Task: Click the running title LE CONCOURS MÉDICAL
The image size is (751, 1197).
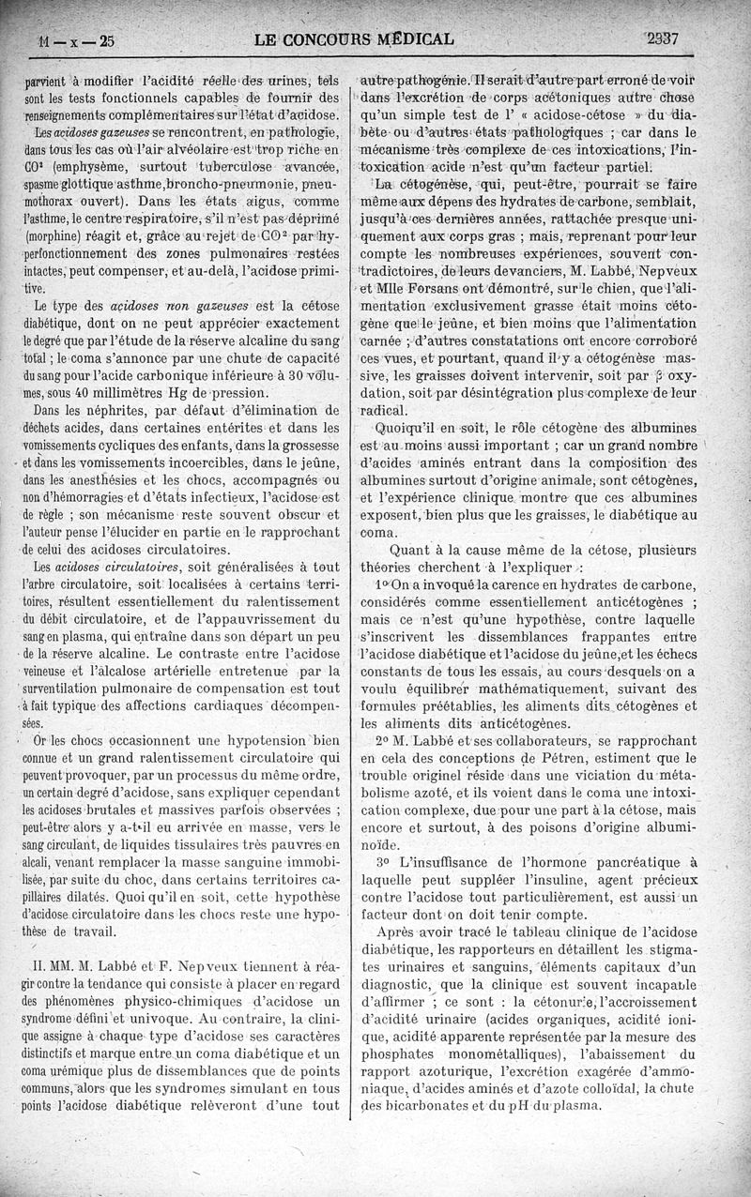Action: (x=354, y=39)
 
